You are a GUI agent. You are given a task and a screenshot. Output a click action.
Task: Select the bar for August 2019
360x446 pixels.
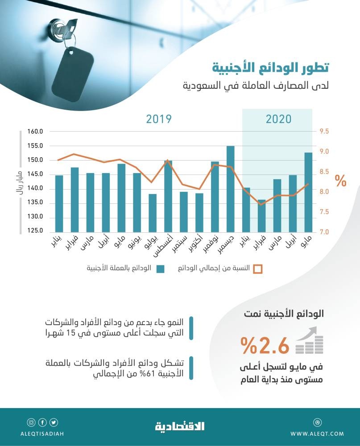point(168,196)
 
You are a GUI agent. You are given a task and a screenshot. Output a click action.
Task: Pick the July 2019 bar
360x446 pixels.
point(153,213)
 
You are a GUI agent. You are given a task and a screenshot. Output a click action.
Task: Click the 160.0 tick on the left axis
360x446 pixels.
point(34,132)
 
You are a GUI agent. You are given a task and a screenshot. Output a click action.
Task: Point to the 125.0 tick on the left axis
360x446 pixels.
point(34,231)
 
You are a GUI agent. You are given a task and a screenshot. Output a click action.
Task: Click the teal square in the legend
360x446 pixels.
point(161,268)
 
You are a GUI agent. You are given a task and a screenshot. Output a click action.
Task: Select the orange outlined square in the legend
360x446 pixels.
point(258,268)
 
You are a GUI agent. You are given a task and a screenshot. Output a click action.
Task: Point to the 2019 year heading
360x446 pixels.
point(159,119)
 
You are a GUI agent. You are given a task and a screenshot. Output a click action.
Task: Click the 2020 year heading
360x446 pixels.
point(278,119)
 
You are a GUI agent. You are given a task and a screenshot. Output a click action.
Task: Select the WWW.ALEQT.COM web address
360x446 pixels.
point(317,434)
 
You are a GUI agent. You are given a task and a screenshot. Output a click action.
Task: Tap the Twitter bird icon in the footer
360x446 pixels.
point(54,422)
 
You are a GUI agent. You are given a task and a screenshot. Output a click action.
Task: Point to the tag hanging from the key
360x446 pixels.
point(72,74)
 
